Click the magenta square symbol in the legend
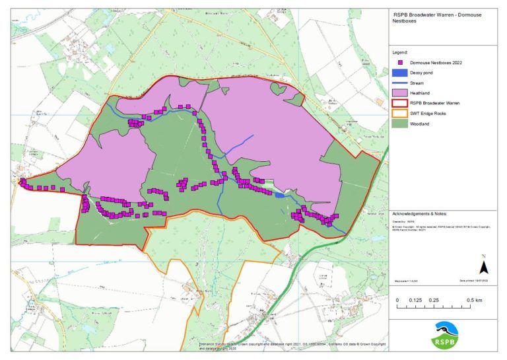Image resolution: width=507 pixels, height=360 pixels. click(401, 62)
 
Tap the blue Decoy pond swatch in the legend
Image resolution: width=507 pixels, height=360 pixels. click(401, 73)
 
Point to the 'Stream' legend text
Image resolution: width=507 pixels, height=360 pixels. click(417, 83)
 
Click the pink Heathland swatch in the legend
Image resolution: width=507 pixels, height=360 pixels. click(401, 93)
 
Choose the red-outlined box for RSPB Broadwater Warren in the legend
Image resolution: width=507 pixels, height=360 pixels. click(401, 104)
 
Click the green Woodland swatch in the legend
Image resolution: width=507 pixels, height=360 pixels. click(401, 124)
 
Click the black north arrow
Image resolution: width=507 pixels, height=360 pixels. click(483, 266)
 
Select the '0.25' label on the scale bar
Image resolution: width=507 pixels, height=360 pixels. click(434, 300)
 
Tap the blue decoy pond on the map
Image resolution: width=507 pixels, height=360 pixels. click(280, 195)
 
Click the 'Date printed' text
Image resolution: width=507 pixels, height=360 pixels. click(473, 281)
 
